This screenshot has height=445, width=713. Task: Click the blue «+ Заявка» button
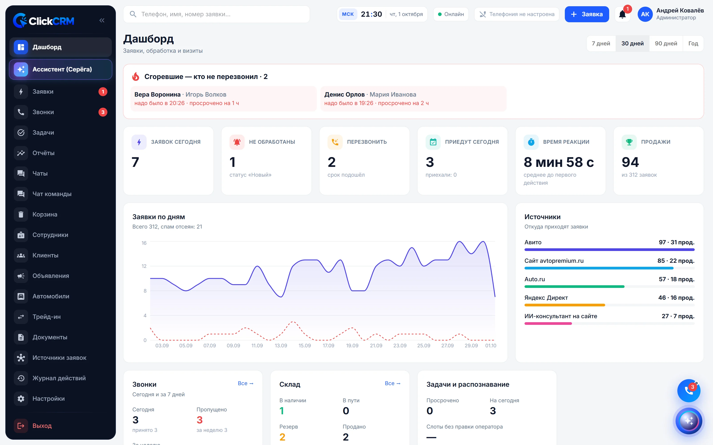[587, 14]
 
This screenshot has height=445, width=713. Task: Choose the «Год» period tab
[693, 44]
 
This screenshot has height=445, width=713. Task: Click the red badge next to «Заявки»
[103, 91]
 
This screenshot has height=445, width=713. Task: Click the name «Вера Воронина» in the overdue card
[157, 95]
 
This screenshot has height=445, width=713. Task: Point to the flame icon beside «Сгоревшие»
[135, 77]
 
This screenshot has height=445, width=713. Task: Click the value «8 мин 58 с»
[559, 162]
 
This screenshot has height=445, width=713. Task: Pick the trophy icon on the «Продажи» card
[629, 142]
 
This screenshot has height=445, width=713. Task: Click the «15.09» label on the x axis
[305, 346]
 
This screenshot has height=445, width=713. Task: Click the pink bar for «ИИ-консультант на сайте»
[548, 324]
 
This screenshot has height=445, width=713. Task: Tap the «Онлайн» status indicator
[451, 14]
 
